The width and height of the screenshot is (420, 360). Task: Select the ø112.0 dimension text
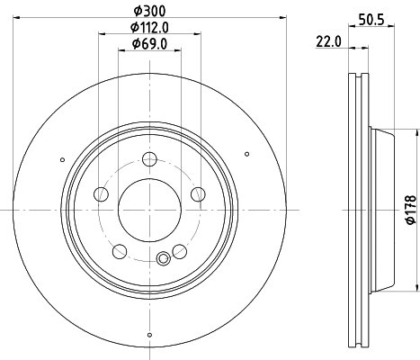pos(148,29)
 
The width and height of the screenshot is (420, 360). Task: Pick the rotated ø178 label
pos(408,209)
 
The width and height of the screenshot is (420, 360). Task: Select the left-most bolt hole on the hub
pos(101,194)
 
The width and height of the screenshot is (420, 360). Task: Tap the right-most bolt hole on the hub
pos(197,193)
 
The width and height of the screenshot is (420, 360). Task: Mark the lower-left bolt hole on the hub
pos(119,249)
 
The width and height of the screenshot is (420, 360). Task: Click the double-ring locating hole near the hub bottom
pos(163,260)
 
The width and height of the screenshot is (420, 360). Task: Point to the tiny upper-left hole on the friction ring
pos(62,160)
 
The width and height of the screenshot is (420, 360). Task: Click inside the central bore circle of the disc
pos(148,209)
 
